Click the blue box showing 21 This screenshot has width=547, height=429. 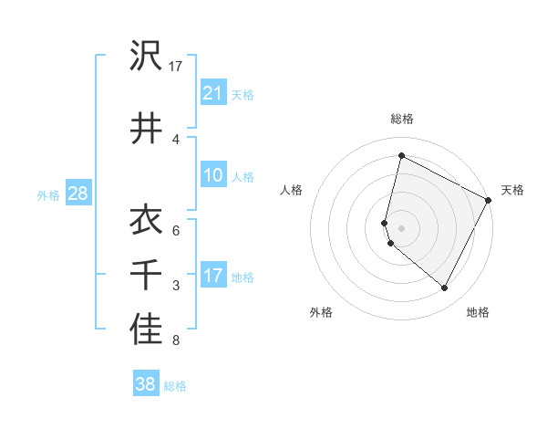(x=213, y=93)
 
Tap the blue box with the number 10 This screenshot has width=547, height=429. (x=213, y=175)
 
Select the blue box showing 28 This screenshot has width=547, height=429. (x=77, y=194)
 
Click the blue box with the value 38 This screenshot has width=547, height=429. (x=146, y=384)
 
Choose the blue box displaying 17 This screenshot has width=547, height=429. (x=213, y=276)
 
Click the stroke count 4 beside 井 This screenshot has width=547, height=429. (x=176, y=139)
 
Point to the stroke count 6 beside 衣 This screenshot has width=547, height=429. (x=176, y=230)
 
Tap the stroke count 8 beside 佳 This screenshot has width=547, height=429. (x=176, y=340)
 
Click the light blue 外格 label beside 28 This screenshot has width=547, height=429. (x=48, y=194)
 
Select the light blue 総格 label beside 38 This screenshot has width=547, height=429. (x=175, y=385)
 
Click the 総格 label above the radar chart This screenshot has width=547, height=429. (x=402, y=119)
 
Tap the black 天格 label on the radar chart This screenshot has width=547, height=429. (x=512, y=190)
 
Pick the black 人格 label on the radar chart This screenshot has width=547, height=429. (x=292, y=190)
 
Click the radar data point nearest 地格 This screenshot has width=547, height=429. (x=445, y=288)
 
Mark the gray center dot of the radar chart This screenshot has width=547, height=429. (x=402, y=227)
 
